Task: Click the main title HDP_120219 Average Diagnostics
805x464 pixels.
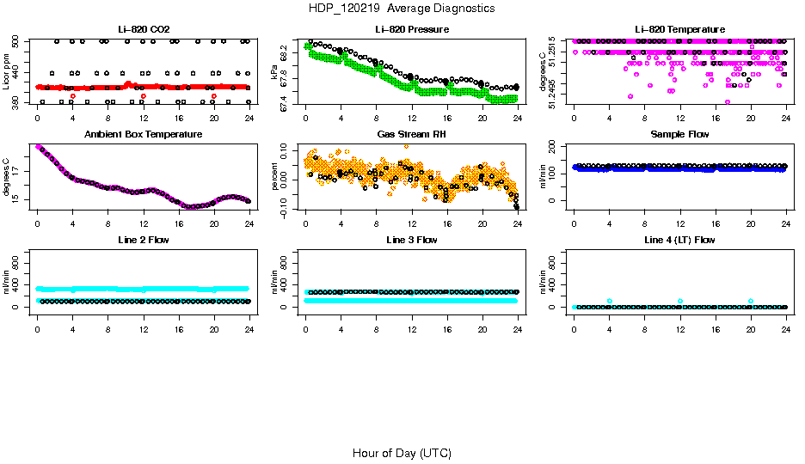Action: [401, 9]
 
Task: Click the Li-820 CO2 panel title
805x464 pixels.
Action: [143, 30]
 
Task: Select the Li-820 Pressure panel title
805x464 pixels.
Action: [412, 30]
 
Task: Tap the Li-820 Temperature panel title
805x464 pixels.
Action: [679, 30]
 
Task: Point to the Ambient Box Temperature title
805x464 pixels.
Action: [143, 135]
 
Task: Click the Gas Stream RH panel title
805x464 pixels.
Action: [412, 135]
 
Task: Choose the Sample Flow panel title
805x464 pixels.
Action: [679, 135]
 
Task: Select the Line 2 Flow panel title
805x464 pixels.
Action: [143, 240]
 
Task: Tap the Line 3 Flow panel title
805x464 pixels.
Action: [412, 240]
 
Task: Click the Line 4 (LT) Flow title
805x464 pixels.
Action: [679, 240]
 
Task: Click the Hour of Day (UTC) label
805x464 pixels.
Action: [402, 453]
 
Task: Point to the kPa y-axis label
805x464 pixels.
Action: [274, 71]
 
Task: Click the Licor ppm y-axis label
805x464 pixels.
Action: [6, 71]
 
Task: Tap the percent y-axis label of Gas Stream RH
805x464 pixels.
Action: [274, 176]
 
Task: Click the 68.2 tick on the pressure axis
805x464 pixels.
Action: [287, 54]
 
